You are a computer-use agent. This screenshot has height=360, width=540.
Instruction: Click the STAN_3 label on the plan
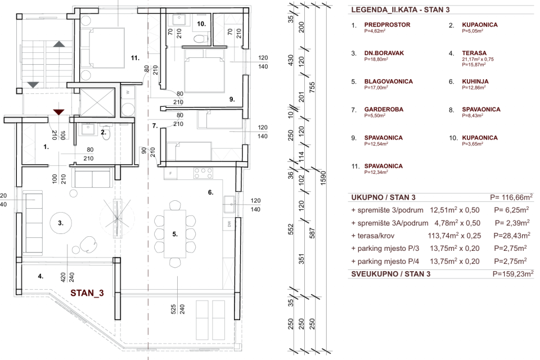click(87, 292)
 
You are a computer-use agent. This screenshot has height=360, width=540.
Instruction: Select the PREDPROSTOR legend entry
click(387, 25)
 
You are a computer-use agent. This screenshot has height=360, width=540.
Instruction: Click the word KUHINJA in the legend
click(475, 82)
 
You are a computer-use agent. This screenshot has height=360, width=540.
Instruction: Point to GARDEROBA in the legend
click(386, 110)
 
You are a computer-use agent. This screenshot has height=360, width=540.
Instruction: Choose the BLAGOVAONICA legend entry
click(388, 82)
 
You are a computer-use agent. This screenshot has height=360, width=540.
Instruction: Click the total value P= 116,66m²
click(511, 197)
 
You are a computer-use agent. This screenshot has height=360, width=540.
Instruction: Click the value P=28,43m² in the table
click(510, 235)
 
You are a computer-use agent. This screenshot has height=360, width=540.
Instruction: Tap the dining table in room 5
click(174, 233)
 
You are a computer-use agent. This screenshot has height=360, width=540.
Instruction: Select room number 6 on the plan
click(211, 192)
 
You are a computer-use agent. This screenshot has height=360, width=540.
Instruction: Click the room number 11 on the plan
click(134, 57)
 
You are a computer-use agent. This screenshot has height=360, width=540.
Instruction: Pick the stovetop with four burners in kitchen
click(201, 172)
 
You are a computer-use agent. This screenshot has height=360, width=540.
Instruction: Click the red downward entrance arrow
click(58, 112)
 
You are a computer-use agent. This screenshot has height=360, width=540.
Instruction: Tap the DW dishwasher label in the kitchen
click(229, 225)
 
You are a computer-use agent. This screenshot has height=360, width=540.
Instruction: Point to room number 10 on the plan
click(202, 24)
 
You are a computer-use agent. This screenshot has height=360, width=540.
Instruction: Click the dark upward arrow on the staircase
click(58, 44)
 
